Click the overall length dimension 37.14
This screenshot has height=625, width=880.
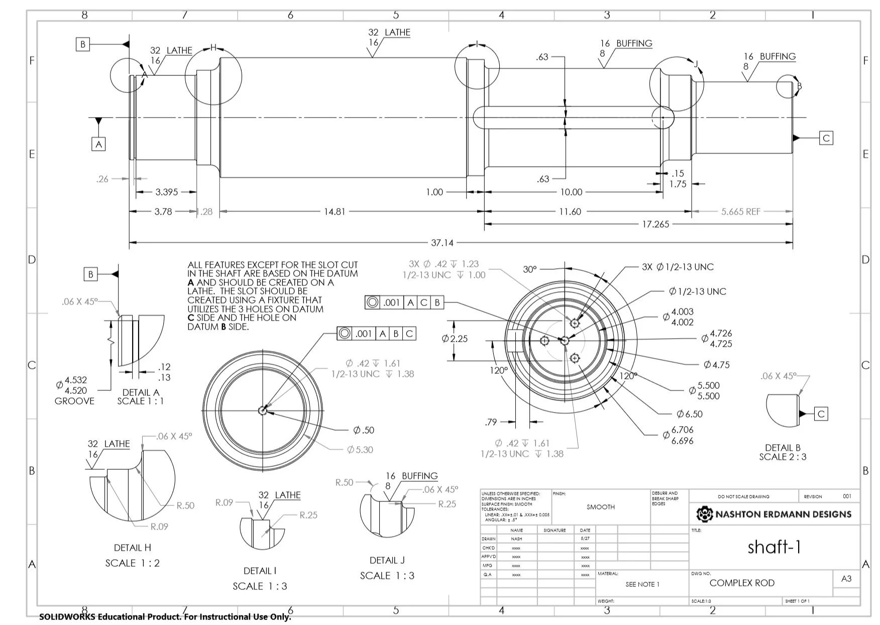click(x=442, y=243)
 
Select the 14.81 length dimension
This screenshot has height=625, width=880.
click(x=335, y=212)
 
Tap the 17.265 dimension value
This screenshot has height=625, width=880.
click(x=655, y=225)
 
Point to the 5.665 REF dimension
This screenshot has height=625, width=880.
click(x=740, y=212)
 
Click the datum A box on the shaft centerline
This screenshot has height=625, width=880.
click(x=99, y=145)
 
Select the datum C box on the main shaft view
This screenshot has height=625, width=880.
click(x=826, y=138)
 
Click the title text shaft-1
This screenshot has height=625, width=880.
click(x=774, y=547)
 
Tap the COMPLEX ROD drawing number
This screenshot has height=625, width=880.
click(x=741, y=583)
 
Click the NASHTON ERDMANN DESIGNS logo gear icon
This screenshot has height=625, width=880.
click(x=705, y=514)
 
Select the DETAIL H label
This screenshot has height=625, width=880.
click(x=132, y=548)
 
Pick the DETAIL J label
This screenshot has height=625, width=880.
click(x=387, y=561)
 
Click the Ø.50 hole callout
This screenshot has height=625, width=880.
click(x=364, y=431)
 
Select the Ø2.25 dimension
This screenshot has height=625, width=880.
click(x=455, y=339)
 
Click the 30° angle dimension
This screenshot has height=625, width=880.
click(x=530, y=270)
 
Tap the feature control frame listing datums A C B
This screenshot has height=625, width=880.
click(x=404, y=302)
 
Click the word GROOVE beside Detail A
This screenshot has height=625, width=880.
click(x=74, y=401)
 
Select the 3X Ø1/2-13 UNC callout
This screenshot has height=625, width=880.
click(x=678, y=267)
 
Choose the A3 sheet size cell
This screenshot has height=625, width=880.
click(x=846, y=579)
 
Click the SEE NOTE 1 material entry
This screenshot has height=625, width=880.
click(x=642, y=584)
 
